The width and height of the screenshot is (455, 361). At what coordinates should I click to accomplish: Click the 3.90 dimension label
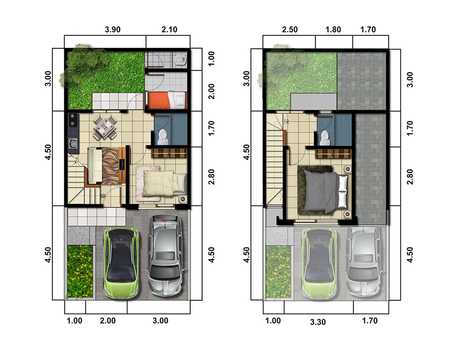(112, 30)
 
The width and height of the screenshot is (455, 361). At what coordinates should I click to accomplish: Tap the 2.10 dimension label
(169, 30)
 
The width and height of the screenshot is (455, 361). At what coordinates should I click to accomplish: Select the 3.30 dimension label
(318, 322)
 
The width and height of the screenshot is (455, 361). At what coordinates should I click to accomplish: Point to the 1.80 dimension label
(333, 30)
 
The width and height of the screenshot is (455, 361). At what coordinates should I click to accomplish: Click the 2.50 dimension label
(290, 30)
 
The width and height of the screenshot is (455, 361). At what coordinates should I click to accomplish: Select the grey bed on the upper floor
(326, 192)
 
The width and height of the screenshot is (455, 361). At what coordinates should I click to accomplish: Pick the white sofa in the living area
(95, 165)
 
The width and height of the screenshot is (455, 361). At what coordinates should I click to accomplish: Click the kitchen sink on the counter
(73, 143)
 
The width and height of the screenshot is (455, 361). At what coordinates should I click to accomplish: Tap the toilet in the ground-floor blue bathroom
(163, 137)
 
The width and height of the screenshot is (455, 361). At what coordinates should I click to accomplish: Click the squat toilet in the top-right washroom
(181, 60)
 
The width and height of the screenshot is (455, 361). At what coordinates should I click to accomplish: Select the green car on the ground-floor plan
(121, 263)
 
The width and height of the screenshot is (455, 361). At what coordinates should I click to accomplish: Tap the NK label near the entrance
(103, 196)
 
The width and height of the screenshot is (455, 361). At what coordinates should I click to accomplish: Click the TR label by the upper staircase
(286, 122)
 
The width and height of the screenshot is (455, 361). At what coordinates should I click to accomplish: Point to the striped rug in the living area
(110, 166)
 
